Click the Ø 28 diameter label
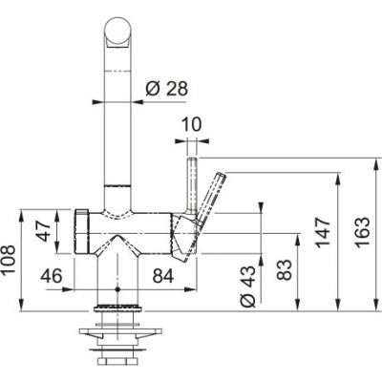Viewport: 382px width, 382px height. [x=166, y=89]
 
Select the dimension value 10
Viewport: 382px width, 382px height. [x=191, y=124]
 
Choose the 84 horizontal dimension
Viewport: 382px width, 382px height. [x=162, y=277]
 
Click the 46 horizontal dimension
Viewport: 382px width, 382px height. [x=53, y=277]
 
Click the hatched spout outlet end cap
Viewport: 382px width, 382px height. [x=83, y=231]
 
